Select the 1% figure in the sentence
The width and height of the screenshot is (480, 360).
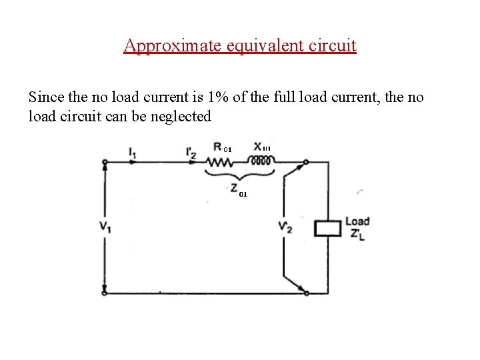[x=219, y=97]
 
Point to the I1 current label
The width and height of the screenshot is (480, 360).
[x=133, y=153]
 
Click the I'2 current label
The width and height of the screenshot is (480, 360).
[x=191, y=153]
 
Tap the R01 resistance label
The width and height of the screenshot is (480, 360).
[x=221, y=147]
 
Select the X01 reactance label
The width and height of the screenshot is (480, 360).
[x=261, y=147]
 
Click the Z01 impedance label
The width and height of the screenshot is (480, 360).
[x=239, y=191]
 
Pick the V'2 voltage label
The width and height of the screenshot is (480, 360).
[x=285, y=227]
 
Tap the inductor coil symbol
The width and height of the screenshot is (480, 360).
[x=261, y=161]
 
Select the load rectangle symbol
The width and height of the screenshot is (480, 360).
[x=327, y=227]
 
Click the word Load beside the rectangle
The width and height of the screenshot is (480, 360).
[x=357, y=221]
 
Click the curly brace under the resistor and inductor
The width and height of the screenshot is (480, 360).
[x=239, y=175]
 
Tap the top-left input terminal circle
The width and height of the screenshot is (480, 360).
[x=105, y=162]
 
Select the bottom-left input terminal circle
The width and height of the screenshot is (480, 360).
[x=105, y=293]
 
